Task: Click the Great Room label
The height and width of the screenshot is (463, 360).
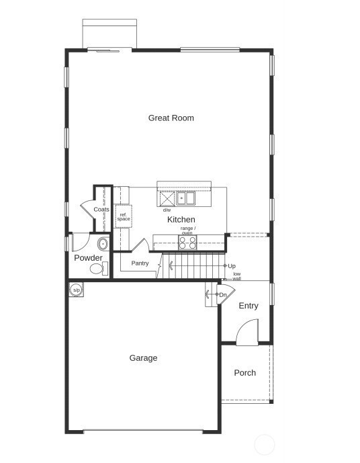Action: tap(171, 118)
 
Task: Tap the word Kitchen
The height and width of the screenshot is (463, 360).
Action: tap(181, 220)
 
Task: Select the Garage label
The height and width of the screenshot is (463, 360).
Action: tap(143, 358)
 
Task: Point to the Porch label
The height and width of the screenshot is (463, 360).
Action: tap(244, 373)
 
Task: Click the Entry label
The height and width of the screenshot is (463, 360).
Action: tap(249, 306)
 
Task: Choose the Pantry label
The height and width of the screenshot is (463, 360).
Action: tap(140, 263)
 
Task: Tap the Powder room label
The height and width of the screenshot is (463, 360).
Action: tap(88, 258)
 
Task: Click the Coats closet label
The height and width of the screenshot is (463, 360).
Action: tap(101, 210)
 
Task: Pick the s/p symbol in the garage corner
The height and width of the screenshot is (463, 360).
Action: tap(76, 290)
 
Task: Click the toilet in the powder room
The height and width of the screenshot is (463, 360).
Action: tap(98, 269)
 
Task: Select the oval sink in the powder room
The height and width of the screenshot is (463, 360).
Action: tap(103, 243)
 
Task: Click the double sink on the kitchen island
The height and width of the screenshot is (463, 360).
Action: tap(185, 198)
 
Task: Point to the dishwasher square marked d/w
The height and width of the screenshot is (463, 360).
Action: tap(167, 199)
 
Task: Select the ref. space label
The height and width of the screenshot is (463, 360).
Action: tap(124, 217)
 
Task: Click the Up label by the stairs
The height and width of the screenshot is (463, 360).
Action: tap(232, 266)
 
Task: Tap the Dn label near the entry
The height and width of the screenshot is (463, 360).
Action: tap(223, 295)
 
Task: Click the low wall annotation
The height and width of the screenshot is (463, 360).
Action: tap(236, 276)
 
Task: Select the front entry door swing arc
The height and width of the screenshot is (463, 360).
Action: tap(246, 332)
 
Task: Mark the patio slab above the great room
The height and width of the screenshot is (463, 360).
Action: tap(109, 33)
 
